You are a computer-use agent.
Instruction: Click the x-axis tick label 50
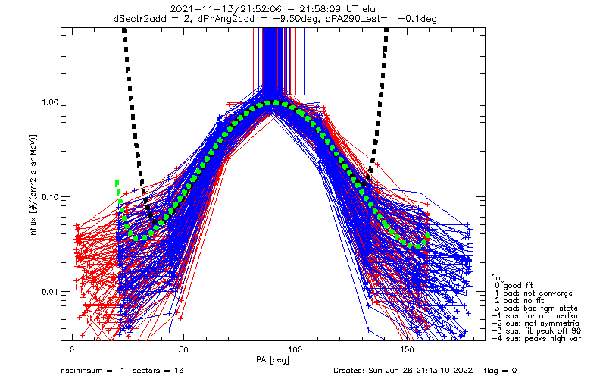click(183, 349)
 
